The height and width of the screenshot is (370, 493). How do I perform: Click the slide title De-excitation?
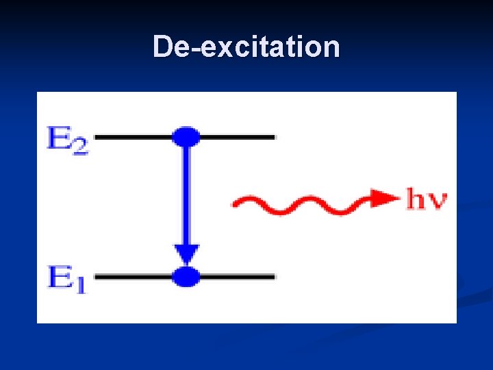pyautogui.click(x=246, y=47)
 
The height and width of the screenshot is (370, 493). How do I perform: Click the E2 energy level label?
pyautogui.click(x=68, y=140)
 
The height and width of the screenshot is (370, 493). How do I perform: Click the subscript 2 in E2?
pyautogui.click(x=81, y=147)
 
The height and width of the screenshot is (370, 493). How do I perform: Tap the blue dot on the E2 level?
pyautogui.click(x=186, y=137)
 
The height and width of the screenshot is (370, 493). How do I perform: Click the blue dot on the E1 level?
pyautogui.click(x=186, y=277)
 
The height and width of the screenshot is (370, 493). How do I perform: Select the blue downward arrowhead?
pyautogui.click(x=186, y=254)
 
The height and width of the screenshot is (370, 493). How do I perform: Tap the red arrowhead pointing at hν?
pyautogui.click(x=386, y=198)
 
